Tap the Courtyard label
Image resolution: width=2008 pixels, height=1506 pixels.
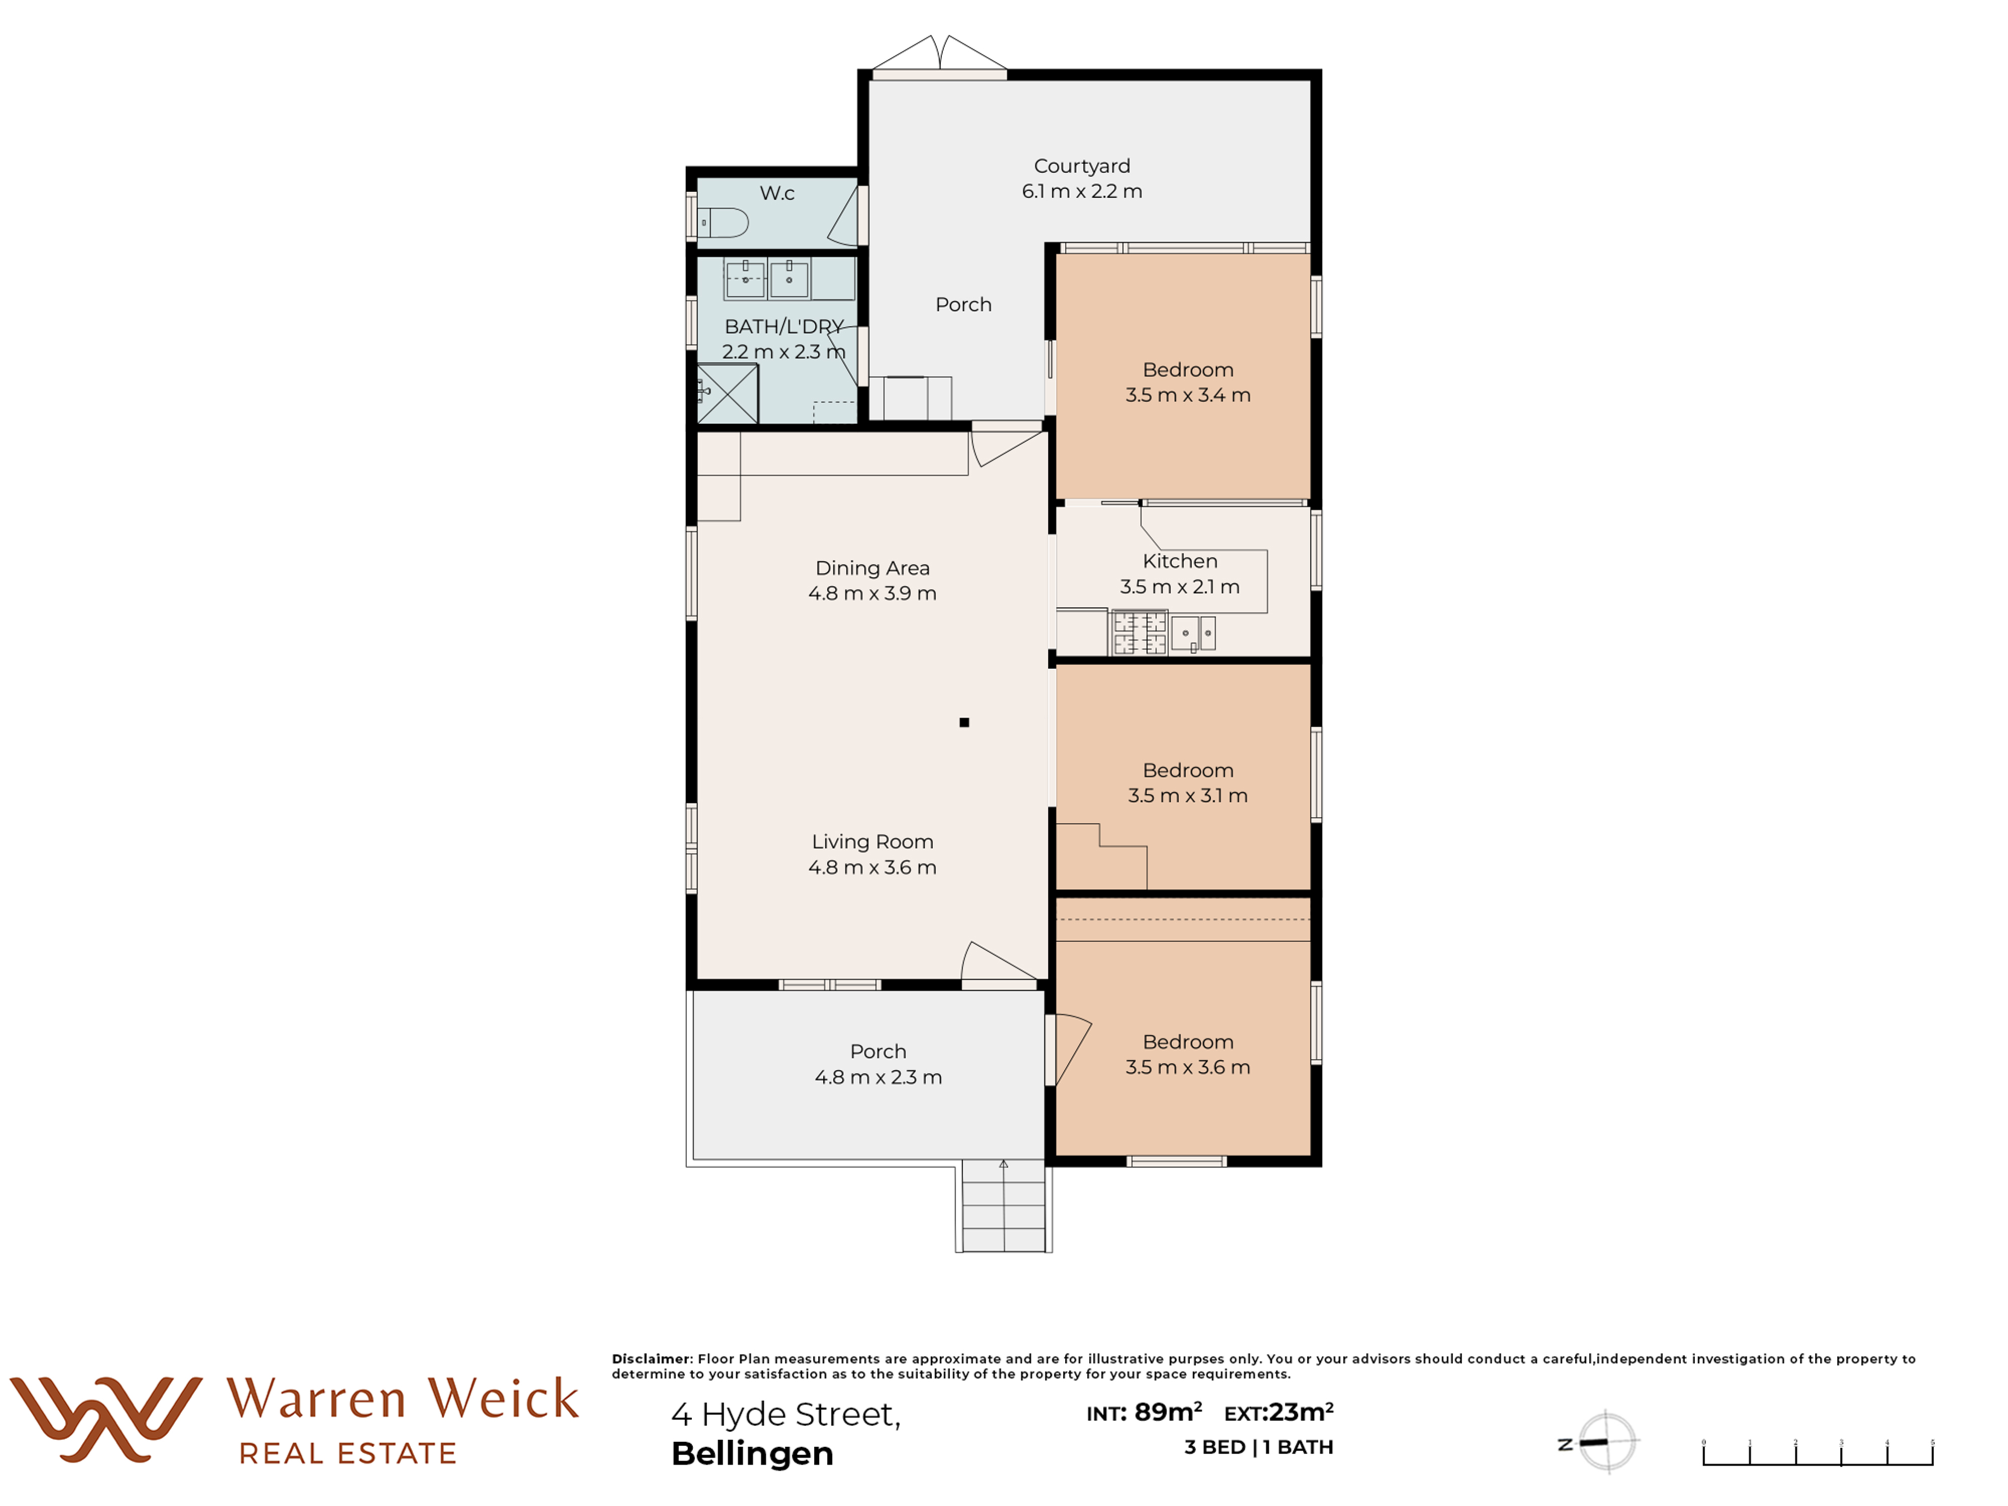pyautogui.click(x=1082, y=166)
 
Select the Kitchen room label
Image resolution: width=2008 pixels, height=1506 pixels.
pyautogui.click(x=1180, y=561)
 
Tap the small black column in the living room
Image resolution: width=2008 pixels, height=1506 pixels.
pyautogui.click(x=964, y=722)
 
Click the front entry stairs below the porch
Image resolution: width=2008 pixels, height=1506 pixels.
pyautogui.click(x=1003, y=1206)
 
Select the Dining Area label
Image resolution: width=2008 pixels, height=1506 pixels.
pyautogui.click(x=872, y=568)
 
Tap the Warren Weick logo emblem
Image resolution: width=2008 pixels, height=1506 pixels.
pyautogui.click(x=106, y=1419)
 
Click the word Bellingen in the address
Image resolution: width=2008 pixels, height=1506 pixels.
pyautogui.click(x=752, y=1453)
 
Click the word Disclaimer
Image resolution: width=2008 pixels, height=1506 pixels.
pyautogui.click(x=651, y=1359)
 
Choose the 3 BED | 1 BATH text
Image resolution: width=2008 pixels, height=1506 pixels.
pyautogui.click(x=1258, y=1447)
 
